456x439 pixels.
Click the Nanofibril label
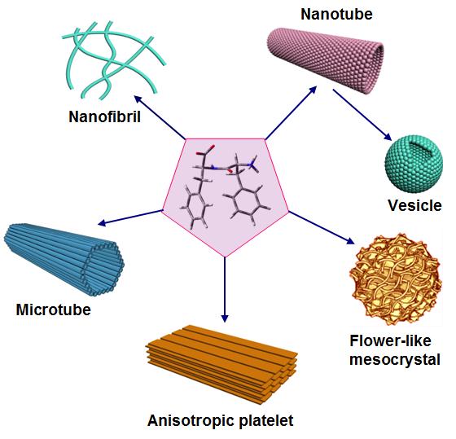(105, 117)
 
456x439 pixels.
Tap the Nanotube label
(336, 15)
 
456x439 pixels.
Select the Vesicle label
(414, 205)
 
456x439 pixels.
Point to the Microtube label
(54, 309)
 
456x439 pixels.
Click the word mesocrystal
(395, 359)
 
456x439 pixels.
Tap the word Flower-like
(390, 340)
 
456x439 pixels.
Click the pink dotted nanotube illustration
(326, 60)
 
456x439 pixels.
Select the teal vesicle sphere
(414, 164)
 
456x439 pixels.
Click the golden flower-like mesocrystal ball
(396, 280)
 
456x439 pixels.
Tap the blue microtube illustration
(64, 260)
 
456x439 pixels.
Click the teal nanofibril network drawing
(113, 59)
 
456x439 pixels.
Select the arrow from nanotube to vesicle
(362, 115)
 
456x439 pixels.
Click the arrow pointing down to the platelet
(225, 290)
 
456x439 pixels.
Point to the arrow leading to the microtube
(130, 217)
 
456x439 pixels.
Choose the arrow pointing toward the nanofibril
(160, 117)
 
